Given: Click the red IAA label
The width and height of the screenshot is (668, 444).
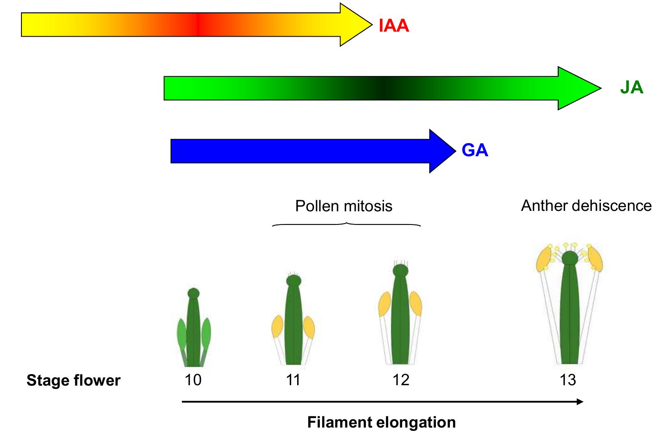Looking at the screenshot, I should pos(394,26).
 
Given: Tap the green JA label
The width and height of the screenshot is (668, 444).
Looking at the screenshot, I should pos(631,88).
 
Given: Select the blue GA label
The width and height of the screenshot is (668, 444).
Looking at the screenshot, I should pos(475,150).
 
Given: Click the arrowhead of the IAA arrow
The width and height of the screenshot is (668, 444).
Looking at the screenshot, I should pos(355,25).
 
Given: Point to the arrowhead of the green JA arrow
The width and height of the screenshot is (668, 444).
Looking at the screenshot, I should pos(578,88).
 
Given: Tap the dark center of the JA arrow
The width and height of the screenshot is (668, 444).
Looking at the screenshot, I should pos(383,88).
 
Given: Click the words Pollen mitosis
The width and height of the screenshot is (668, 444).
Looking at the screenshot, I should pos(344,206).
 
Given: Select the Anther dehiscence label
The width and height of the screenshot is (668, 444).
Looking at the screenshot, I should pos(586,206).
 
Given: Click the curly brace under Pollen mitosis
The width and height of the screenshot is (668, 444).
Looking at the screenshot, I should pos(347,224).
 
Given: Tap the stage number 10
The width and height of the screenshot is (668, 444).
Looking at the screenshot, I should pos(193,380).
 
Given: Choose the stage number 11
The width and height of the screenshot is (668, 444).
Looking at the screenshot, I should pos(293,380).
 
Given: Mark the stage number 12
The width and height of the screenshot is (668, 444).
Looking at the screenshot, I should pos(401,380).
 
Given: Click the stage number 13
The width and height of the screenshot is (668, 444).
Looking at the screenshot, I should pos(568,380).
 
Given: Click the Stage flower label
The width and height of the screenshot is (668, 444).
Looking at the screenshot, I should pos(73,381).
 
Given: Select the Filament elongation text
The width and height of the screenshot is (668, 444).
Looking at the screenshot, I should pos(381,423).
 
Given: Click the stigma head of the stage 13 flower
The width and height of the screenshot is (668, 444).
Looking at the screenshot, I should pos(570,258).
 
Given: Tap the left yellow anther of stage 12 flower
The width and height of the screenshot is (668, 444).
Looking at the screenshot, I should pos(384,304).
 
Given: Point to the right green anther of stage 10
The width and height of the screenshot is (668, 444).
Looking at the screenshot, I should pos(206,333).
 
